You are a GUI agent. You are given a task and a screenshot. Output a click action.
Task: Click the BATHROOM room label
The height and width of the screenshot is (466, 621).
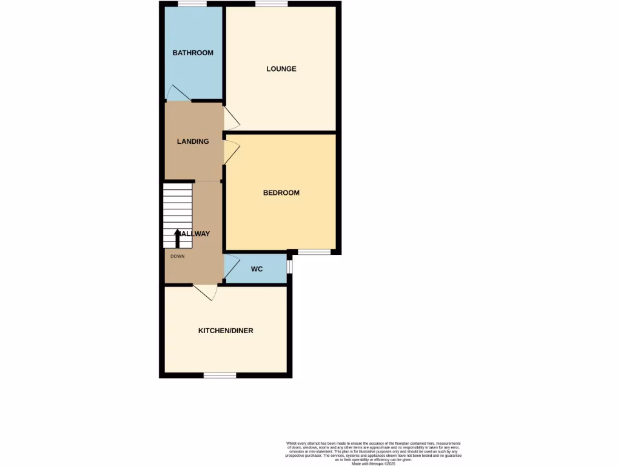pyautogui.click(x=193, y=53)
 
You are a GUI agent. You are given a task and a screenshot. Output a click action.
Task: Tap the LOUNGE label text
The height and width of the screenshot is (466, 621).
pyautogui.click(x=281, y=69)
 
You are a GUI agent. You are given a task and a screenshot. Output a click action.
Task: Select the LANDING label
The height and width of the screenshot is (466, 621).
pyautogui.click(x=193, y=141)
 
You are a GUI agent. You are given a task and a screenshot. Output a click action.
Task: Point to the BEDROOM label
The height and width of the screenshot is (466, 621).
pyautogui.click(x=281, y=193)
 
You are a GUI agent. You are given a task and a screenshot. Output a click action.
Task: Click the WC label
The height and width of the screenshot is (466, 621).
pyautogui.click(x=257, y=269)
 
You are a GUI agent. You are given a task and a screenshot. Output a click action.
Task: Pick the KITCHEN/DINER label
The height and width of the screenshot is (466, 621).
pyautogui.click(x=226, y=331)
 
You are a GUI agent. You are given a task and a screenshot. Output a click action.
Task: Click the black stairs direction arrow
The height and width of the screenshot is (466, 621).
pyautogui.click(x=177, y=238)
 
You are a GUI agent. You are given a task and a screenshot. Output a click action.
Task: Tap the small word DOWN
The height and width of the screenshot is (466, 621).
pyautogui.click(x=177, y=256)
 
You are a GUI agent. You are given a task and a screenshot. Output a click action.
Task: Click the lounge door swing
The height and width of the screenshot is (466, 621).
pyautogui.click(x=230, y=118)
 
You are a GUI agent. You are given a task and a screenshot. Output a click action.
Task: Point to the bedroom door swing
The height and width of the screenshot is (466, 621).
pyautogui.click(x=230, y=152)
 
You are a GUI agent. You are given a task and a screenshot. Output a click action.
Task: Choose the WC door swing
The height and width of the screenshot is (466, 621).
pyautogui.click(x=231, y=268)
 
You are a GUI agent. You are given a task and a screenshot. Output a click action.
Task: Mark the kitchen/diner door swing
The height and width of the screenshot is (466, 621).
pyautogui.click(x=206, y=292)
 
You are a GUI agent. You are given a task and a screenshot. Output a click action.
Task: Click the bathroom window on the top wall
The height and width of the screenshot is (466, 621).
pyautogui.click(x=192, y=4)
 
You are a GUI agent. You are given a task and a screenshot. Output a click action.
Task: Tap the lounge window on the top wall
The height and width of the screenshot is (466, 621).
pyautogui.click(x=271, y=4)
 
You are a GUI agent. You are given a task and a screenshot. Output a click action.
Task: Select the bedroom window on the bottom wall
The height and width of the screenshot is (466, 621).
pyautogui.click(x=314, y=252)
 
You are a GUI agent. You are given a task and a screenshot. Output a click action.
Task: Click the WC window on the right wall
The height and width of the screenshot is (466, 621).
pyautogui.click(x=289, y=266)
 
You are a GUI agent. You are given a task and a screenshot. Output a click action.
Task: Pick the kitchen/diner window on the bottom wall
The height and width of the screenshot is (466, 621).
pyautogui.click(x=220, y=376)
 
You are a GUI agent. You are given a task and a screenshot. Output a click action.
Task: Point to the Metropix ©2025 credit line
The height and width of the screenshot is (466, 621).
pyautogui.click(x=373, y=464)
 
